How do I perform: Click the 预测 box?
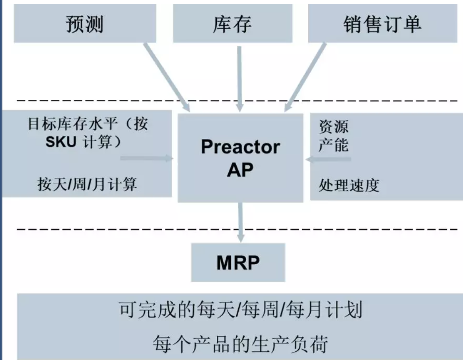pos(84,24)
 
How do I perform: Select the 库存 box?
pos(232,24)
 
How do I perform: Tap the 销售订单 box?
pos(382,24)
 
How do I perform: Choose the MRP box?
pos(238,262)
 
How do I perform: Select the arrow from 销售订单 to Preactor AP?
pos(305,75)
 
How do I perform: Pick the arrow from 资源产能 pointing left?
pos(329,159)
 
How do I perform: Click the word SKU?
pos(60,142)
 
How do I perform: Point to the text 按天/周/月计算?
pos(88,184)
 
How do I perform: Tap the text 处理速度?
pos(349,185)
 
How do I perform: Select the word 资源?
pos(333,127)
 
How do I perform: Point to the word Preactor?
pos(240,147)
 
